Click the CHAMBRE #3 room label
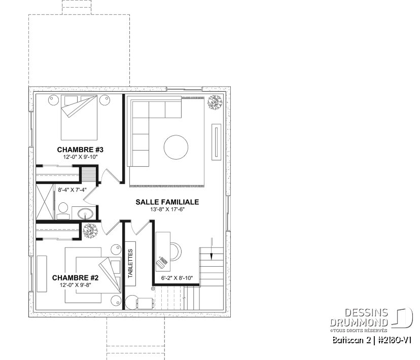80,150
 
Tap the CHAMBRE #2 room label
75,278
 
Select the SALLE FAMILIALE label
167,202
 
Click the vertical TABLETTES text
130,263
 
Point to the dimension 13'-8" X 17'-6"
167,209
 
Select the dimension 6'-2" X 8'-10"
177,278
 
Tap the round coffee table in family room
176,148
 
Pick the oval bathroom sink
84,212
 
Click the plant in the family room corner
215,102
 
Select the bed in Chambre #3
79,116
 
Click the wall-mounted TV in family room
217,142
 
